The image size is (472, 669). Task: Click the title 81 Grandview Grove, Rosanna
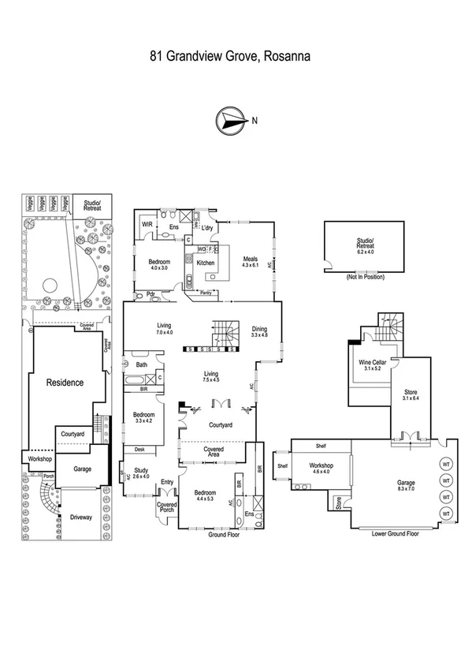point(230,56)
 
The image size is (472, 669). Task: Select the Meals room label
point(251,262)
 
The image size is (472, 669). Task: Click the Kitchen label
point(206,263)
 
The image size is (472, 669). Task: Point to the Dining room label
point(259,331)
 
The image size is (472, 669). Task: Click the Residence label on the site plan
point(64,383)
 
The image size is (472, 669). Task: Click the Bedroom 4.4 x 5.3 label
point(206,495)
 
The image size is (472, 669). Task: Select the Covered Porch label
point(166,507)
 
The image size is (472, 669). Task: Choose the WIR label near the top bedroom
point(146,225)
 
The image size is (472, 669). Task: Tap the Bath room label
point(141,364)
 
